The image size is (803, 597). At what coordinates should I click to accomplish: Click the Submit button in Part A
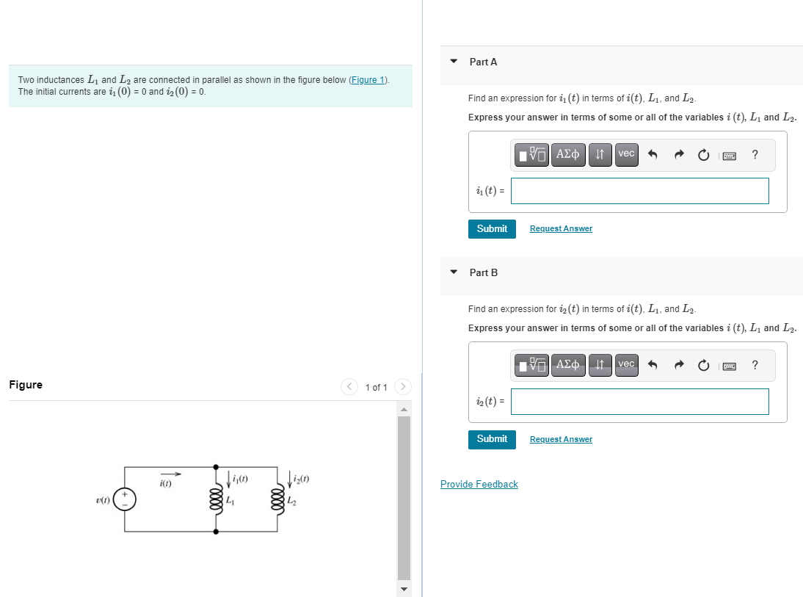click(492, 228)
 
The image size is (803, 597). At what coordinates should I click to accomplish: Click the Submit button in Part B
click(492, 439)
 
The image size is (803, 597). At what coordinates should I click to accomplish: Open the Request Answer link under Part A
click(561, 229)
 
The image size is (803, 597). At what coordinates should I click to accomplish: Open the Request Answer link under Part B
click(561, 440)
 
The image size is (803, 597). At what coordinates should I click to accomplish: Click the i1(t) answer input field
click(639, 191)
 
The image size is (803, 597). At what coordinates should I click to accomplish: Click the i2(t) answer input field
click(639, 402)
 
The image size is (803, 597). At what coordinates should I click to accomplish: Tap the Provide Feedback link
click(479, 485)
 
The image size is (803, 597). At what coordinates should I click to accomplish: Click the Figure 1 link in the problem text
click(368, 80)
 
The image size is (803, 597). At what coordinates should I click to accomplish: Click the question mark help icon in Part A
click(755, 154)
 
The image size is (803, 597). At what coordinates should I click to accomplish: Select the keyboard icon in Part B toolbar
click(730, 366)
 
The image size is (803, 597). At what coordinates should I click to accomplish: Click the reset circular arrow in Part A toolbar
click(703, 155)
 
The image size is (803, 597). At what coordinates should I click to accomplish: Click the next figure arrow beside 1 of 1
click(403, 386)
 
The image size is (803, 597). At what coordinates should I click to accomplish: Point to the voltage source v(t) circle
click(125, 499)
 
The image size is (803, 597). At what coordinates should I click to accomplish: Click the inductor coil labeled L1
click(216, 499)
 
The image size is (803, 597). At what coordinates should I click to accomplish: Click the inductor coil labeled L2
click(277, 499)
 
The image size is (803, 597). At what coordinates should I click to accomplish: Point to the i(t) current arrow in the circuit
click(170, 474)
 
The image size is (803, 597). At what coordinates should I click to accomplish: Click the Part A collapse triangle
click(454, 62)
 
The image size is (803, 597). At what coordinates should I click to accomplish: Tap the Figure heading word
click(26, 385)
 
